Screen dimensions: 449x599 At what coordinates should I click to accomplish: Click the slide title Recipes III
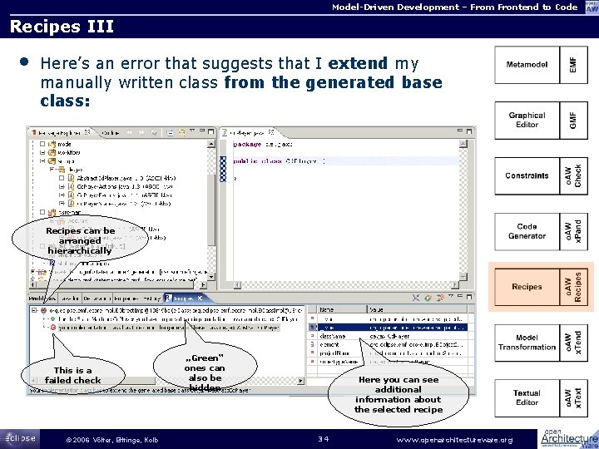[61, 27]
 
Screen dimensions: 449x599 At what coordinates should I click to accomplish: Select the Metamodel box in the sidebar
[527, 64]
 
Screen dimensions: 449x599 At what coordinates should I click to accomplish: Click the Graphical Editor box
[527, 120]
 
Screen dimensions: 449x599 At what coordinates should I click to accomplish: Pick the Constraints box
[527, 175]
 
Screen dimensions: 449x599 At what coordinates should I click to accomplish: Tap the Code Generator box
[527, 231]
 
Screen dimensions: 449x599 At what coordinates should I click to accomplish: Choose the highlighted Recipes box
[527, 287]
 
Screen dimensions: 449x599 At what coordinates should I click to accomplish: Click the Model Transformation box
[527, 342]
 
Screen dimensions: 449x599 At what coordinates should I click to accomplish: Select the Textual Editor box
[527, 397]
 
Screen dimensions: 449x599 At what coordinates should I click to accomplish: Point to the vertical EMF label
[572, 64]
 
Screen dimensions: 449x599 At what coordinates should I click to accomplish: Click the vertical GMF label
[572, 120]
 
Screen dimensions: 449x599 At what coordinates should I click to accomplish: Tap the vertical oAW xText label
[572, 397]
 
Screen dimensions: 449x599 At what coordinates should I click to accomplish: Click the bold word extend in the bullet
[358, 63]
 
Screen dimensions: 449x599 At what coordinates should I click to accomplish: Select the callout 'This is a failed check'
[73, 376]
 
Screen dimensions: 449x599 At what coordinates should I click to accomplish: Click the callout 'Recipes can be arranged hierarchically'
[80, 240]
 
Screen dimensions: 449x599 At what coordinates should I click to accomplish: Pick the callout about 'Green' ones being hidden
[204, 373]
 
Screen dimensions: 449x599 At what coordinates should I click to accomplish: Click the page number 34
[324, 438]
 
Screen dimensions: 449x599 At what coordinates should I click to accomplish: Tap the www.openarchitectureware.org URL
[455, 438]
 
